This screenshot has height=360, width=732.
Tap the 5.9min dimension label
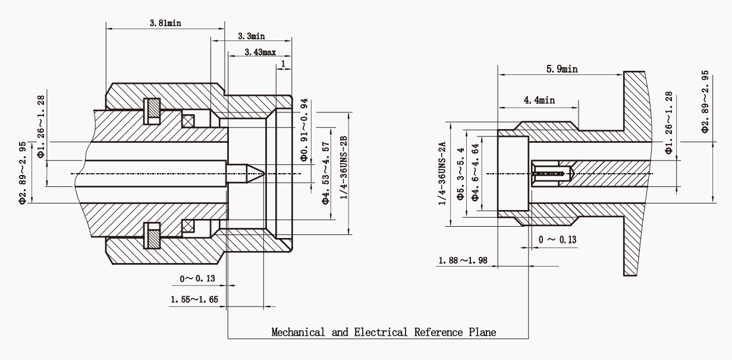click(x=561, y=69)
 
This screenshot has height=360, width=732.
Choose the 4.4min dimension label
click(x=539, y=101)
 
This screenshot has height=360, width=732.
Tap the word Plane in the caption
click(x=482, y=332)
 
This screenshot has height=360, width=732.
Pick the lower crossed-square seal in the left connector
click(x=189, y=227)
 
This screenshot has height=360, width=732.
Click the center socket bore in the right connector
click(x=550, y=174)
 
